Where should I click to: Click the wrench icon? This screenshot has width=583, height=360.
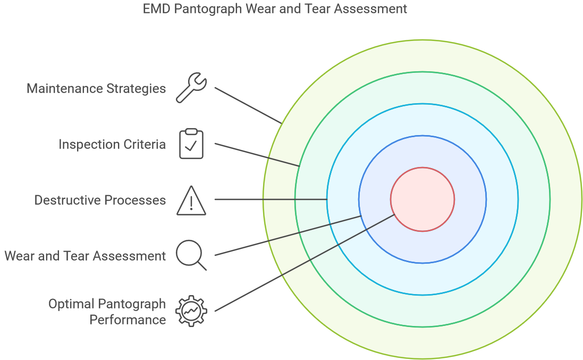click(191, 88)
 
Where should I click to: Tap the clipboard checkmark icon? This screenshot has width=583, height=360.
click(191, 144)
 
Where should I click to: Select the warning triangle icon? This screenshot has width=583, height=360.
click(191, 200)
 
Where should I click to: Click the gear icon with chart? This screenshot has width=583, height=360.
click(191, 311)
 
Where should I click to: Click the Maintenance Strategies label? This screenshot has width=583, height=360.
click(96, 88)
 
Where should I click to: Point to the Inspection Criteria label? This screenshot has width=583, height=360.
click(112, 144)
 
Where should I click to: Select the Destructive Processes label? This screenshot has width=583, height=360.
click(100, 200)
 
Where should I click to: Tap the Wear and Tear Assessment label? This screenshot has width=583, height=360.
click(85, 256)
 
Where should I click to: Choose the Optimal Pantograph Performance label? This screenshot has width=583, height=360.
click(107, 312)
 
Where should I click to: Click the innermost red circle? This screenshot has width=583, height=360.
click(423, 199)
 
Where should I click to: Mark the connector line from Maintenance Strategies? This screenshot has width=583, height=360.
click(248, 105)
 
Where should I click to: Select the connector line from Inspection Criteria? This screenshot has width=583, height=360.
click(257, 155)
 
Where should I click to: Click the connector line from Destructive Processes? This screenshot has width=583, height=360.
click(271, 199)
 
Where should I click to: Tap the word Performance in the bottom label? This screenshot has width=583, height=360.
click(128, 320)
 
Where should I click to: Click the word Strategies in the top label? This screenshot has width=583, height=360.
click(136, 89)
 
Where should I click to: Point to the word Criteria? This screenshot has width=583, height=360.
click(145, 144)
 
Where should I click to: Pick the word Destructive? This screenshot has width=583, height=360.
click(67, 200)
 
